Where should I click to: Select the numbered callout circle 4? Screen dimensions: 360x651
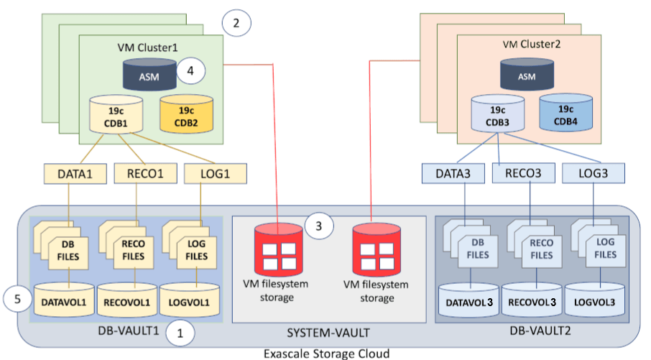(190, 72)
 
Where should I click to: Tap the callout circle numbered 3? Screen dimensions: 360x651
(319, 226)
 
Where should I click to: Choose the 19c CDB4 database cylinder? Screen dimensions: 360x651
(565, 113)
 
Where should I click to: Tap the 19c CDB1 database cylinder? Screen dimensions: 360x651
(116, 116)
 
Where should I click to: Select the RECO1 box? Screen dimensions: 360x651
(145, 173)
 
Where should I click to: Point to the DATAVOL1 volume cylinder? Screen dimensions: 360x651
(68, 300)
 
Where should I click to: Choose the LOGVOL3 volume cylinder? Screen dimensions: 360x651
(594, 300)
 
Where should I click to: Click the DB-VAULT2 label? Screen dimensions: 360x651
(535, 333)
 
